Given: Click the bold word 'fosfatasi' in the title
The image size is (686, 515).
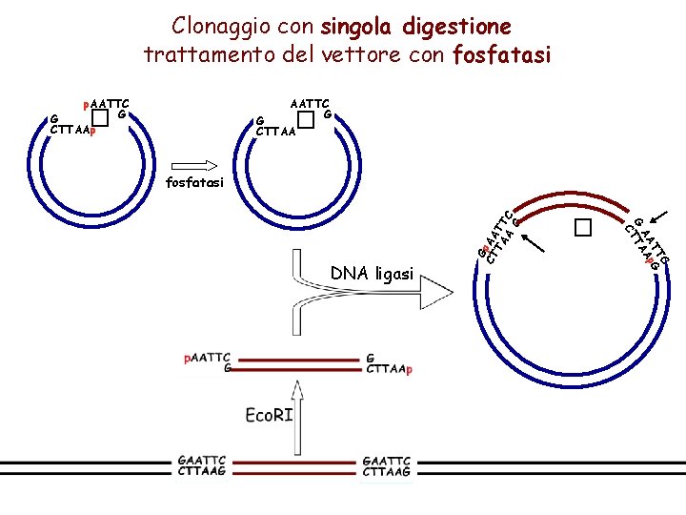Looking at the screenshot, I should tap(502, 55).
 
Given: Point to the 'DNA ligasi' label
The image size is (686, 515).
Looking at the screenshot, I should tap(372, 275).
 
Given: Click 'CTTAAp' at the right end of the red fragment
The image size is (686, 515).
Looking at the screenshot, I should tap(389, 369).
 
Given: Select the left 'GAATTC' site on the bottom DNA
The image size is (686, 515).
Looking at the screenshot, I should tap(201, 461).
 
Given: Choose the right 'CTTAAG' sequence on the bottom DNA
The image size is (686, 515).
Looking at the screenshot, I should tap(387, 472).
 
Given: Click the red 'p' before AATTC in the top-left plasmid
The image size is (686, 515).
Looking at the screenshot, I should tap(87, 103).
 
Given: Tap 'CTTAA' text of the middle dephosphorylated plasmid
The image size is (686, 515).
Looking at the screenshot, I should tap(276, 131).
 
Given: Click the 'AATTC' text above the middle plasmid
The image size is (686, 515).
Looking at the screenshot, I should tap(310, 102).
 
